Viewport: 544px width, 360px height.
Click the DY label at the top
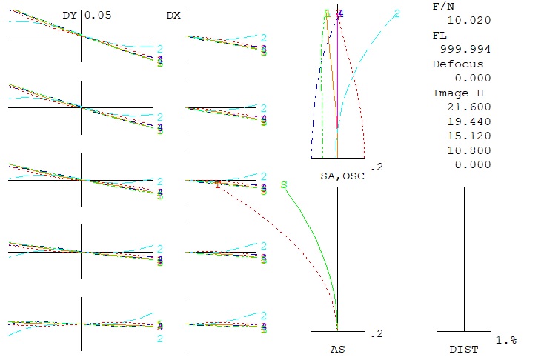pyautogui.click(x=70, y=15)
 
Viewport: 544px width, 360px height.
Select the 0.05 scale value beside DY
pyautogui.click(x=98, y=15)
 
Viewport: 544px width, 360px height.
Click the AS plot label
pyautogui.click(x=337, y=348)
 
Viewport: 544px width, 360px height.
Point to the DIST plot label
pyautogui.click(x=464, y=348)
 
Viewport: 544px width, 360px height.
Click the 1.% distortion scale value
pyautogui.click(x=505, y=339)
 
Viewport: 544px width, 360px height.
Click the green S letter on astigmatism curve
pyautogui.click(x=283, y=185)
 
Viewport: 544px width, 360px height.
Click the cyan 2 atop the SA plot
pyautogui.click(x=397, y=13)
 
